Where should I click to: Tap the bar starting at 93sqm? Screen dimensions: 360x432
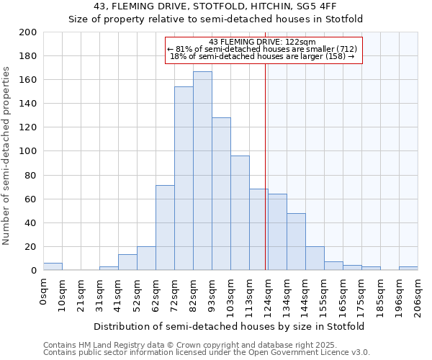point(221,194)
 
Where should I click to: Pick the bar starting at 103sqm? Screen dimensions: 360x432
point(240,213)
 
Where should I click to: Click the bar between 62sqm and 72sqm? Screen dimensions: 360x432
point(165,228)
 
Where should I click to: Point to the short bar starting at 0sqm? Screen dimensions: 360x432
point(53,266)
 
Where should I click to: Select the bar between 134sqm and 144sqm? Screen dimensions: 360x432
point(296,242)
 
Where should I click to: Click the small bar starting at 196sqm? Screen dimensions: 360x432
point(408,269)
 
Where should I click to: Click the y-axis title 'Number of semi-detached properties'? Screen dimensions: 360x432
point(7,156)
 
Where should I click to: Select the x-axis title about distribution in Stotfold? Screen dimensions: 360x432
point(229,326)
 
